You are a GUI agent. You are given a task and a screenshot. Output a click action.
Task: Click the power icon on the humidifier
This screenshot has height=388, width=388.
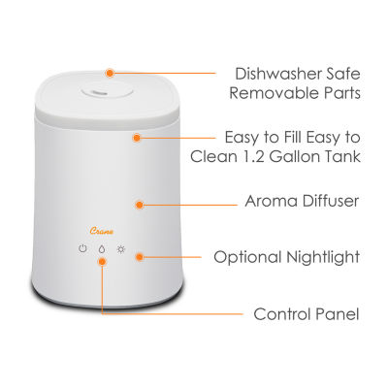[83, 249]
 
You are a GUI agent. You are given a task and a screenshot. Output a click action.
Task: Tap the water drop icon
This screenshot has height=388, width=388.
[102, 249]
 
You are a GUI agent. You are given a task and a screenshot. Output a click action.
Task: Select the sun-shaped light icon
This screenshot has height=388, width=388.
[121, 249]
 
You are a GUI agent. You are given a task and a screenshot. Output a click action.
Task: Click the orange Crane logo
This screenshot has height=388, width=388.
[102, 231]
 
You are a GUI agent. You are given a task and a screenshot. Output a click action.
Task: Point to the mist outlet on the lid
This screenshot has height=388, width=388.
[98, 92]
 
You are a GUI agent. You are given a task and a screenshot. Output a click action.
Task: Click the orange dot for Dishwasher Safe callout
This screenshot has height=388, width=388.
[110, 73]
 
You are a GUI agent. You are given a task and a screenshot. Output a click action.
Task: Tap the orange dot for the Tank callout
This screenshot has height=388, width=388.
[137, 138]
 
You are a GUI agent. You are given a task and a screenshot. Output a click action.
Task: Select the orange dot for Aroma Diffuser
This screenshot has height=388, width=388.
[140, 205]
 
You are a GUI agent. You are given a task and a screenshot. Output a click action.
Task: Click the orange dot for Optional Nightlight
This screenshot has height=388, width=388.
[140, 257]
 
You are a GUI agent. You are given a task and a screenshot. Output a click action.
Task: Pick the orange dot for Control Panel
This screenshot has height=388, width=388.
[102, 261]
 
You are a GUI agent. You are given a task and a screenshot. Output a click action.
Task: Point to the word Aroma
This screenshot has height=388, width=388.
[272, 201]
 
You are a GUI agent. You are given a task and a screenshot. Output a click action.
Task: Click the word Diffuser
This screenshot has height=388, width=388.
[331, 201]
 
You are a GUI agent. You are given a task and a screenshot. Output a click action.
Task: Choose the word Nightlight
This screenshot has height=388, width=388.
[323, 258]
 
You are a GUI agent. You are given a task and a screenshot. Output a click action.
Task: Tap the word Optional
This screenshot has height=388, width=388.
[247, 258]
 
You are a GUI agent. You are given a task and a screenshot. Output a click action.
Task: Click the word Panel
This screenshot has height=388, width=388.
[338, 314]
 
